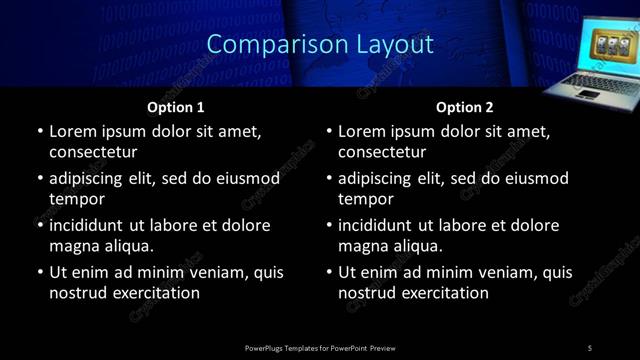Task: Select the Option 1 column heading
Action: coord(176,107)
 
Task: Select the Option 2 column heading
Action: coord(465,107)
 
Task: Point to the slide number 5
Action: coord(590,348)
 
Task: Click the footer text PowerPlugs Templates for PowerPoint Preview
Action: coord(320,348)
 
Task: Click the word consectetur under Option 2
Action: coord(382,152)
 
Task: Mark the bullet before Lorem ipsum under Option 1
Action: coord(40,131)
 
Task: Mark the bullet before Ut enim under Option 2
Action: coord(329,272)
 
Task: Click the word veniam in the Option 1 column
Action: coord(212,272)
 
